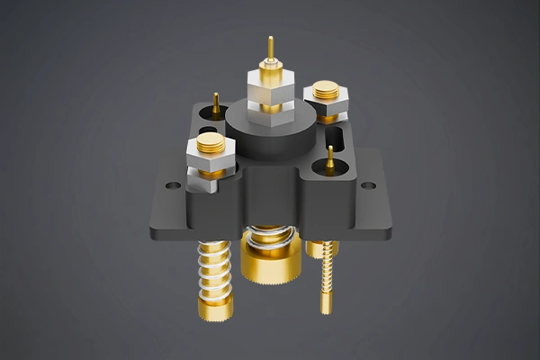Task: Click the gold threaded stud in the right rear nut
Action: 327,90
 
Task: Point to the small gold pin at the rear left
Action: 216,101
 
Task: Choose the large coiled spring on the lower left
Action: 215,265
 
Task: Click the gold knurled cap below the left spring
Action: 216,308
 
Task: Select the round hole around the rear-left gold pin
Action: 216,112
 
